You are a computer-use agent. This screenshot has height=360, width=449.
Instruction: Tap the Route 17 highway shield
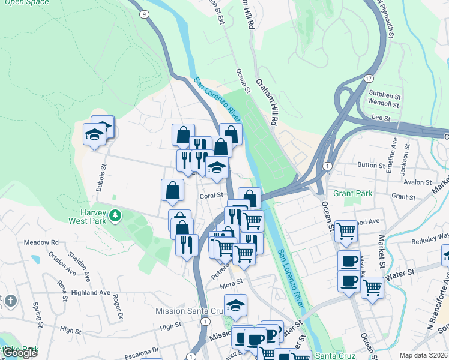pyautogui.click(x=368, y=79)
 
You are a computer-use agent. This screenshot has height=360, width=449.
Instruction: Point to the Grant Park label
pyautogui.click(x=352, y=193)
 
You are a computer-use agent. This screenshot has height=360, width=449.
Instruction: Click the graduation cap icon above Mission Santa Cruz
pyautogui.click(x=235, y=305)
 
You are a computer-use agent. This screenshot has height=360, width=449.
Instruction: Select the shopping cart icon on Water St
pyautogui.click(x=372, y=288)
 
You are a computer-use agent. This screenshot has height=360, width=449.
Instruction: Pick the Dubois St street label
pyautogui.click(x=100, y=178)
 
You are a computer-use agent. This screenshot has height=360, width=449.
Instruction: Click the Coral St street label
pyautogui.click(x=211, y=196)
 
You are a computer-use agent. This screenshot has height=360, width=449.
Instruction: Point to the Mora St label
pyautogui.click(x=231, y=281)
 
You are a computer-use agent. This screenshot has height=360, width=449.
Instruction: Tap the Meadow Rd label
pyautogui.click(x=41, y=242)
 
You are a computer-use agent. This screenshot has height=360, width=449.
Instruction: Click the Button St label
pyautogui.click(x=370, y=165)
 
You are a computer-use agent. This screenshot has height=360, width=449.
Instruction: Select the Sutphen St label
pyautogui.click(x=384, y=95)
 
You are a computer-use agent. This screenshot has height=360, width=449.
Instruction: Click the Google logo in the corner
pyautogui.click(x=20, y=353)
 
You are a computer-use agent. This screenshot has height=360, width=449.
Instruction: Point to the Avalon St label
pyautogui.click(x=418, y=182)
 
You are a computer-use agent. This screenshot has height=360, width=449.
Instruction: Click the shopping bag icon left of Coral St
pyautogui.click(x=172, y=190)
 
